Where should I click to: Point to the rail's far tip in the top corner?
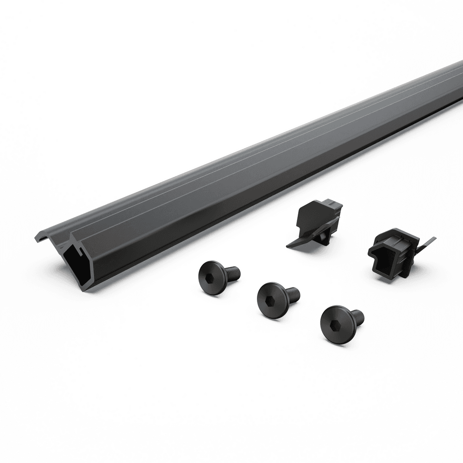458,65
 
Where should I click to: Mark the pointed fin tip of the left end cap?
289,244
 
